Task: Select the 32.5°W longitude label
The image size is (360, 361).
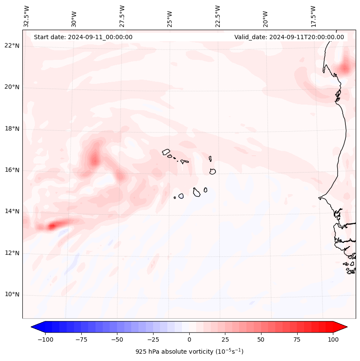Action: click(27, 16)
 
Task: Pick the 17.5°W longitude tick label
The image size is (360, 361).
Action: click(313, 16)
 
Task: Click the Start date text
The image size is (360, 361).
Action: click(83, 37)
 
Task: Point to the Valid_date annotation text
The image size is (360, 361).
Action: click(289, 37)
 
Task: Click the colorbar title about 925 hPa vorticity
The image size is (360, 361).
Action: click(189, 352)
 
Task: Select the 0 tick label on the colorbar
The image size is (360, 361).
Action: click(189, 339)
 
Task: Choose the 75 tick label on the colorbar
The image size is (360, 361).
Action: click(297, 339)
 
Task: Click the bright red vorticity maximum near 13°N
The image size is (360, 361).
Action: click(52, 225)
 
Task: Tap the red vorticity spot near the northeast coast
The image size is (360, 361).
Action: click(345, 68)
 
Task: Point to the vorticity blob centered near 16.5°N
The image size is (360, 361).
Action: click(94, 160)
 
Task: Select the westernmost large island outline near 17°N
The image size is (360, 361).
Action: click(166, 151)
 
